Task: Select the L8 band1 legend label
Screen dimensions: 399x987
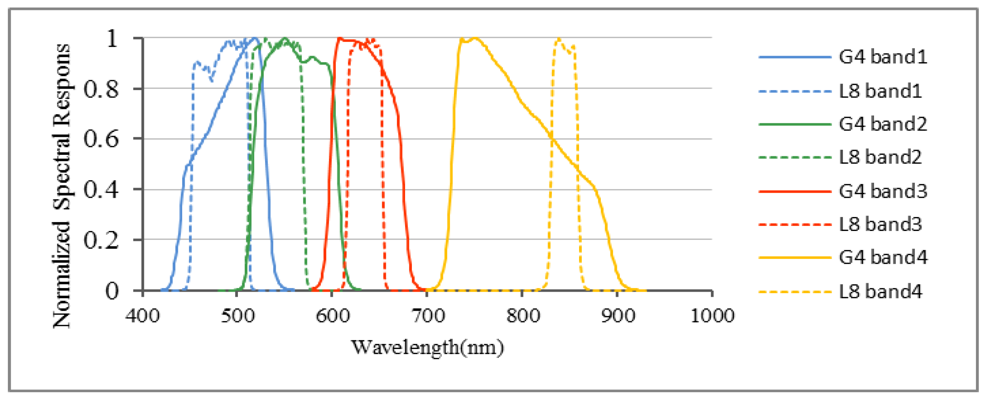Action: point(880,90)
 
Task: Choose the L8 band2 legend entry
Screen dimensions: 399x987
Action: point(880,157)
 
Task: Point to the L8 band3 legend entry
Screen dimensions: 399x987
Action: point(880,225)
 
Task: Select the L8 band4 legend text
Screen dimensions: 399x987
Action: point(880,292)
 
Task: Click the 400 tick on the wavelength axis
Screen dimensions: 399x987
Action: point(143,316)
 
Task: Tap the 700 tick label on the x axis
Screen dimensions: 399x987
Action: point(428,316)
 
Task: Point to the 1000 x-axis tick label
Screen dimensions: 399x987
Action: point(712,316)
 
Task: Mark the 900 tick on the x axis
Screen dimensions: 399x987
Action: point(617,316)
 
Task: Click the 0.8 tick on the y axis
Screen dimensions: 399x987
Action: point(101,89)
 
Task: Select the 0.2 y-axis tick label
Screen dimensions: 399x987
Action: point(101,240)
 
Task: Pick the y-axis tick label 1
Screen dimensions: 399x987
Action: point(111,39)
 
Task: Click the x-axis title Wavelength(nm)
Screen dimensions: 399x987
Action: point(427,348)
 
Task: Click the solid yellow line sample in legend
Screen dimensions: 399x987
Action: point(795,257)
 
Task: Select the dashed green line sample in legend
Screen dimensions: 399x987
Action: point(795,157)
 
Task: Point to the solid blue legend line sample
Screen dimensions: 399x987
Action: point(795,57)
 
